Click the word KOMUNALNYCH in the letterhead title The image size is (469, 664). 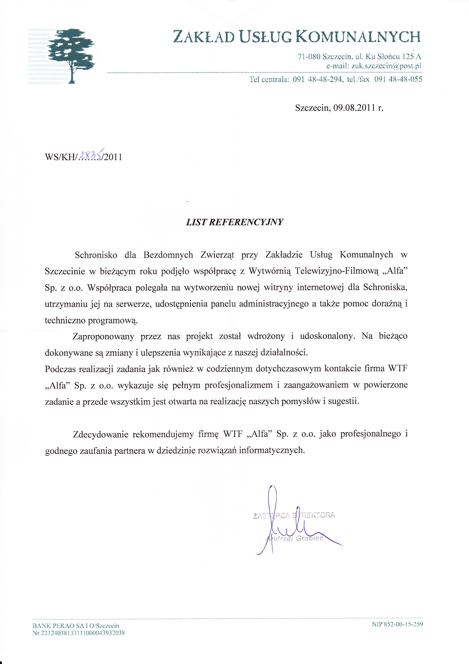358,37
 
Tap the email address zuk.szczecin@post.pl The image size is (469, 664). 386,66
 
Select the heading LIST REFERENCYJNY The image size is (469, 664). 234,222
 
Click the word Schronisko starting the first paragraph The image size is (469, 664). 96,255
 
